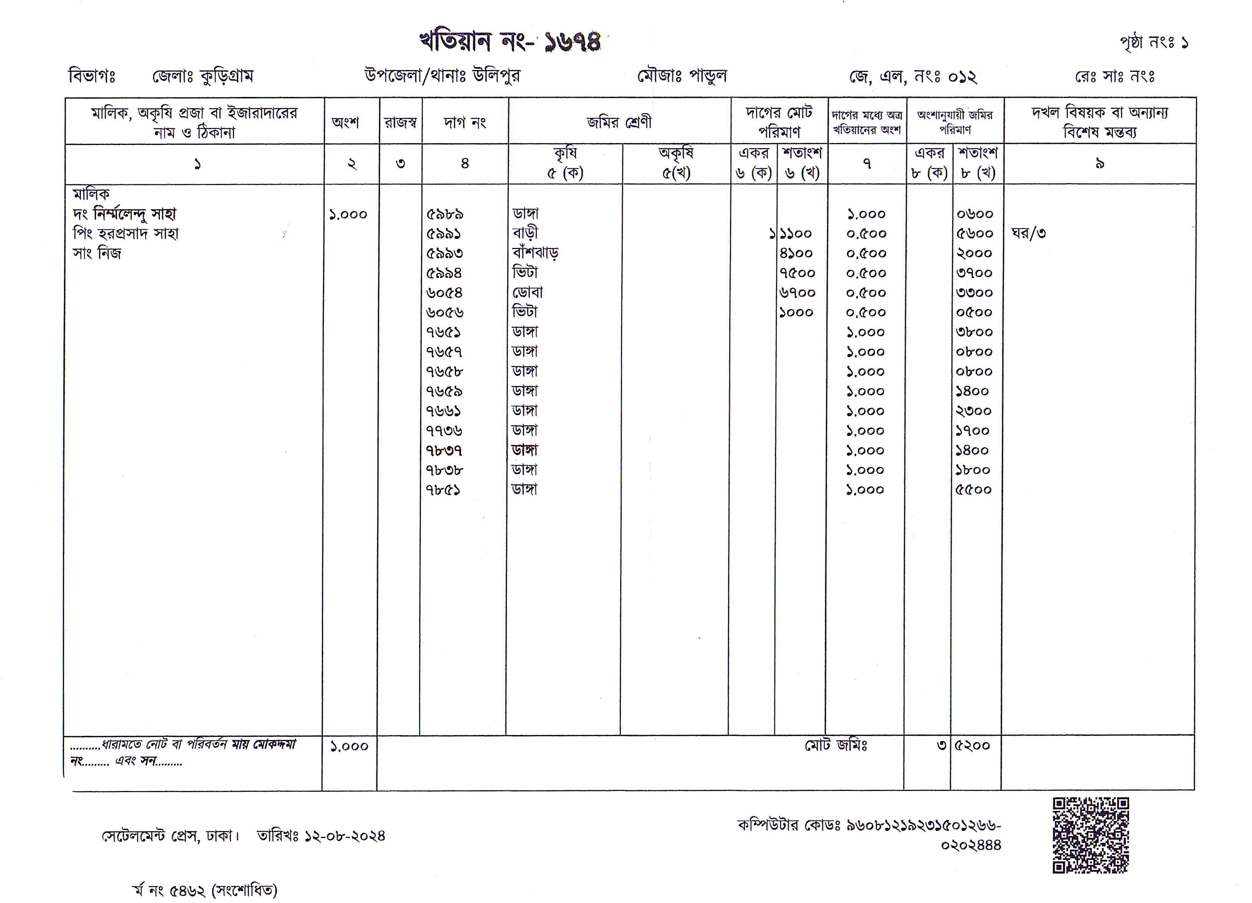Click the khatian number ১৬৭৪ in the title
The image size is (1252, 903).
click(572, 41)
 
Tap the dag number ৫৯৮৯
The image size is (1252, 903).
click(444, 214)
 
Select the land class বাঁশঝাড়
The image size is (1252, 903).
click(535, 253)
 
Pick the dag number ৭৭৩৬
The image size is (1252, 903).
click(444, 431)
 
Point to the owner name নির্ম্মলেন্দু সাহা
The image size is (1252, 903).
click(135, 213)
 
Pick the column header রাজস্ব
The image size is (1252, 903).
click(400, 122)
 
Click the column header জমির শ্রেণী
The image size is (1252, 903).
click(619, 122)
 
